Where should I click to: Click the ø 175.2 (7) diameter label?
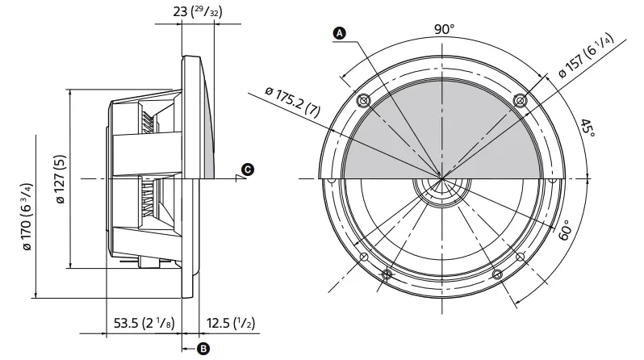point(298,103)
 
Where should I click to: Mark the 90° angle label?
point(444,29)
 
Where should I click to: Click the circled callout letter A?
point(340,33)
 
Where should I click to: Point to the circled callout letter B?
point(203,349)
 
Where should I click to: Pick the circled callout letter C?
point(248,170)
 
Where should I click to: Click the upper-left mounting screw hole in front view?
point(362,101)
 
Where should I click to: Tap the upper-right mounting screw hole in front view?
point(520,101)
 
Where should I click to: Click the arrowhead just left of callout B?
point(186,349)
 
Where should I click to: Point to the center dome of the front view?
point(441,190)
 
